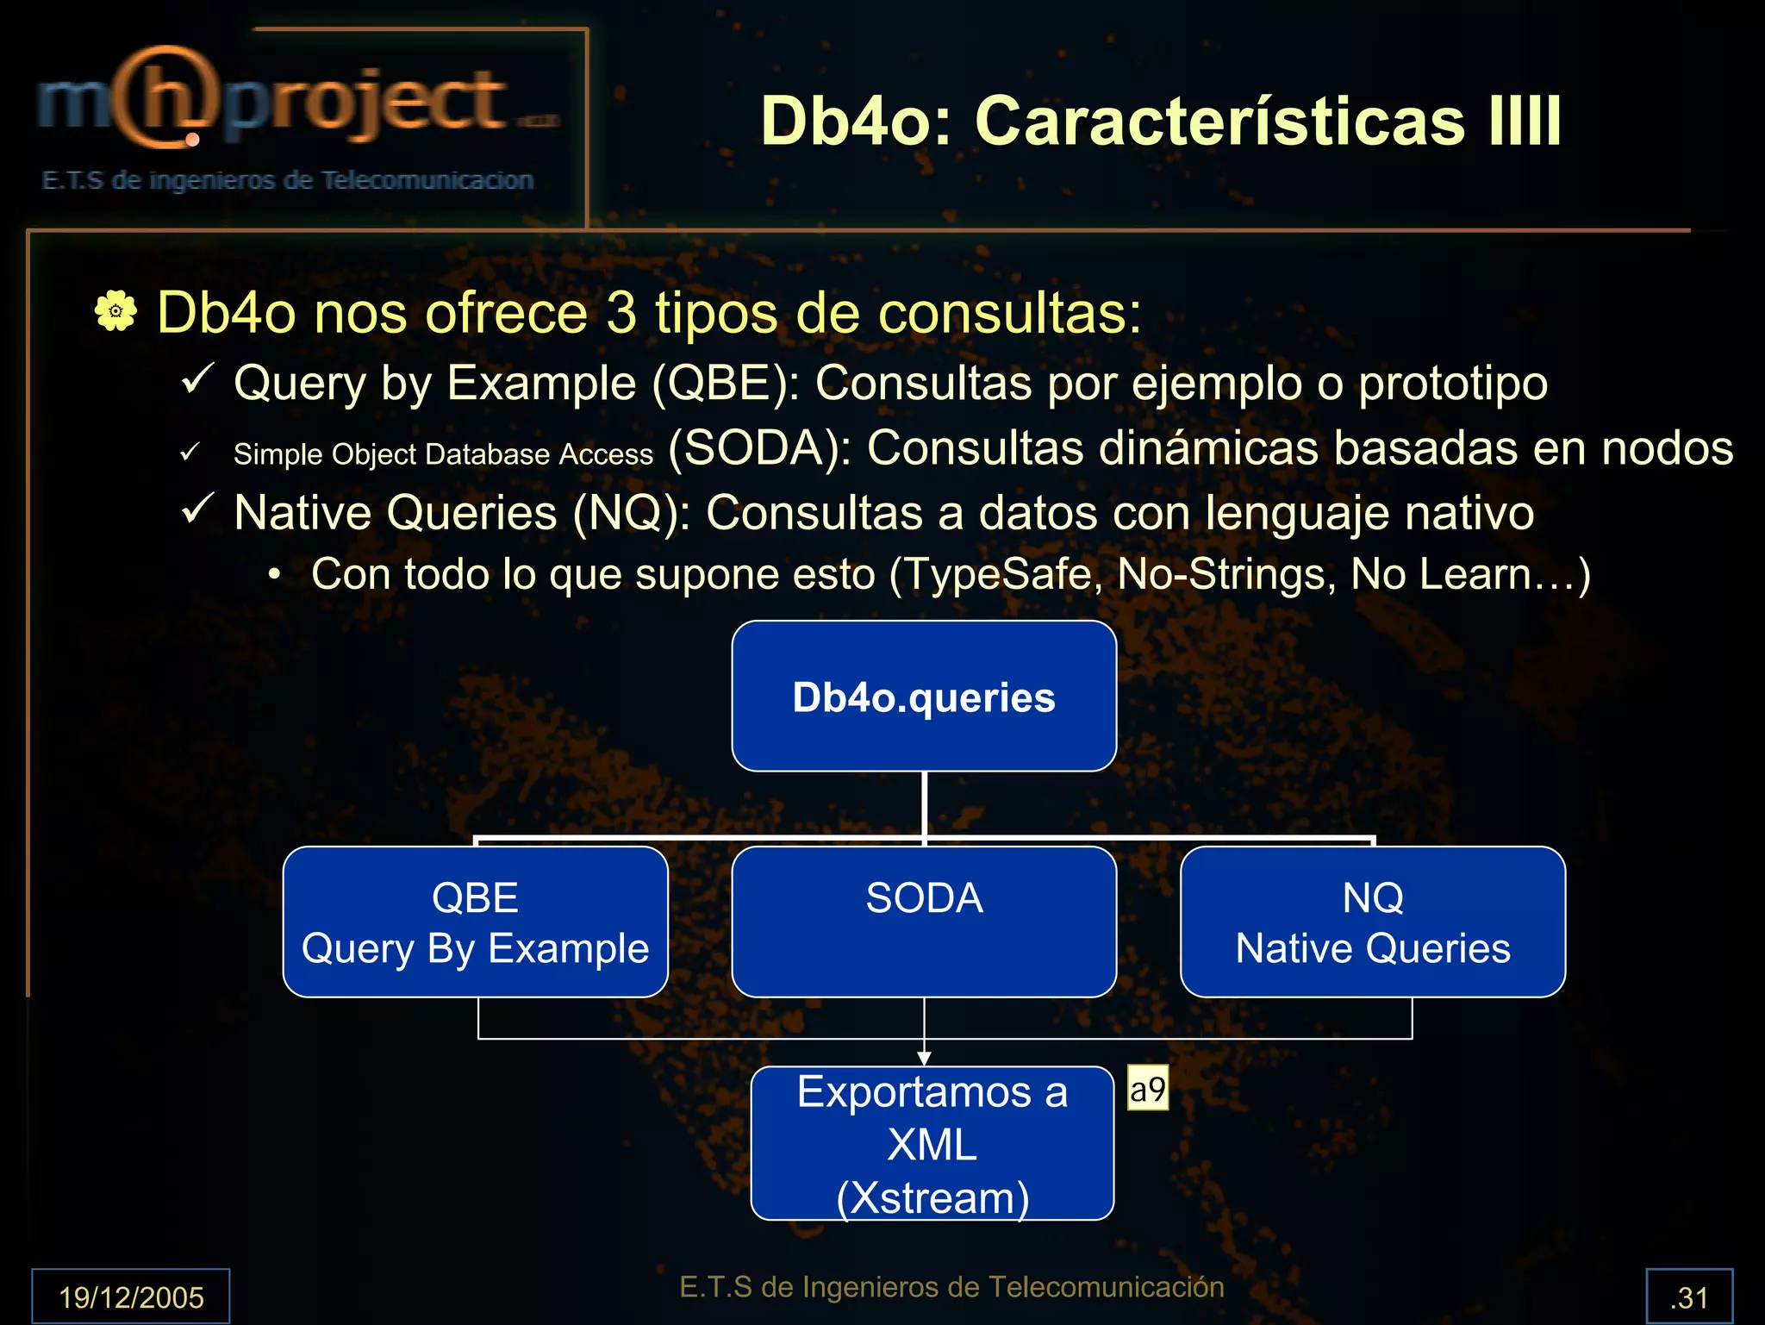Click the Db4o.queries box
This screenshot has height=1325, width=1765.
pyautogui.click(x=924, y=696)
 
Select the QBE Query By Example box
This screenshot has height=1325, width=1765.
pyautogui.click(x=475, y=922)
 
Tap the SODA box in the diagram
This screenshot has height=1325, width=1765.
pyautogui.click(x=924, y=922)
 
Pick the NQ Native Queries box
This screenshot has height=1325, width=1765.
pyautogui.click(x=1373, y=922)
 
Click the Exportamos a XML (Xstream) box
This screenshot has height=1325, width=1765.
pyautogui.click(x=932, y=1143)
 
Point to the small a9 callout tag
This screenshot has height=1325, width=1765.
pyautogui.click(x=1148, y=1089)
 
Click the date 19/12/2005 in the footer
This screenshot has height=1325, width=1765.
pyautogui.click(x=131, y=1297)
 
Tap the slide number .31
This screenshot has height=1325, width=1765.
pyautogui.click(x=1689, y=1297)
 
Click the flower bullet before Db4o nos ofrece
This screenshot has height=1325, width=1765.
pyautogui.click(x=115, y=311)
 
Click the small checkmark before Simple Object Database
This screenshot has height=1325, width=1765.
pyautogui.click(x=190, y=452)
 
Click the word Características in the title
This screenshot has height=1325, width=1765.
pyautogui.click(x=1219, y=121)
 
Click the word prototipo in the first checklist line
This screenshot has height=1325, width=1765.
pyautogui.click(x=1453, y=383)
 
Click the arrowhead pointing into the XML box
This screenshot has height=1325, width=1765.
pyautogui.click(x=924, y=1058)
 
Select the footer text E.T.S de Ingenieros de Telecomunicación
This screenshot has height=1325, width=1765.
pyautogui.click(x=951, y=1286)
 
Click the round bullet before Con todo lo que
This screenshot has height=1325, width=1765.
pyautogui.click(x=274, y=575)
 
